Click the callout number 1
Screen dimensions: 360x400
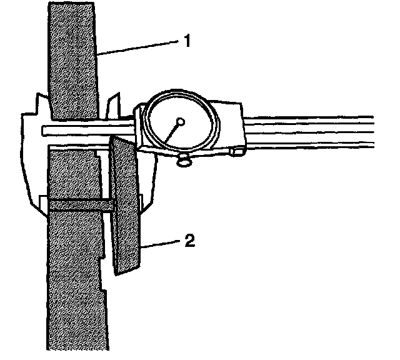click(x=186, y=41)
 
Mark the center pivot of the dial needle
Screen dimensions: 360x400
click(x=180, y=122)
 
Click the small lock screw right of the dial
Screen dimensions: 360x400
click(x=237, y=151)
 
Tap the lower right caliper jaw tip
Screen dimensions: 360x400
click(x=147, y=200)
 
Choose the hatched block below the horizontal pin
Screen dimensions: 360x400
click(x=74, y=281)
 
